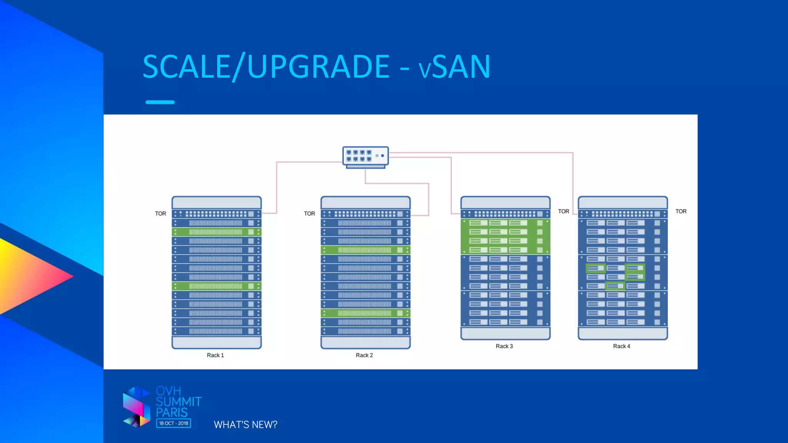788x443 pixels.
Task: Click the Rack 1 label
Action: tap(215, 355)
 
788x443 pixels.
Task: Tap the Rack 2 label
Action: tap(364, 355)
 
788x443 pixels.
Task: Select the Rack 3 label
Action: tap(504, 346)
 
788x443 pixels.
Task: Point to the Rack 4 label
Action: tap(621, 346)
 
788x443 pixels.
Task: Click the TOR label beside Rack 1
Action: tap(160, 213)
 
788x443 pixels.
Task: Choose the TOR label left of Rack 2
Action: tap(309, 213)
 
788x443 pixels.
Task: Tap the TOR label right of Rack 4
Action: tap(681, 211)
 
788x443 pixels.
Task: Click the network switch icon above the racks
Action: tap(366, 157)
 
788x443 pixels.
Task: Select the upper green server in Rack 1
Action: tap(216, 232)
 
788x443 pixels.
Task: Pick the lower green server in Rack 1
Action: tap(216, 286)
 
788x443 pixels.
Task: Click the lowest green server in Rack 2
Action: tap(365, 313)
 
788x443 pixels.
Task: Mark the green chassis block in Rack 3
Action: tap(505, 236)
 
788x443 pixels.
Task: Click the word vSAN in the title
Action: tap(454, 67)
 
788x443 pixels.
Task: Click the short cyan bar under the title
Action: tap(160, 102)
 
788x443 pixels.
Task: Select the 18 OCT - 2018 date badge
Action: tap(174, 423)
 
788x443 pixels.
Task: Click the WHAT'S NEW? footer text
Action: tap(245, 425)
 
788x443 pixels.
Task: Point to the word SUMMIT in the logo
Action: tap(179, 402)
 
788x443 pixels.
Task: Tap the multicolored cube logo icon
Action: tap(136, 407)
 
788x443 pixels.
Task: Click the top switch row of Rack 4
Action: tap(623, 214)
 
